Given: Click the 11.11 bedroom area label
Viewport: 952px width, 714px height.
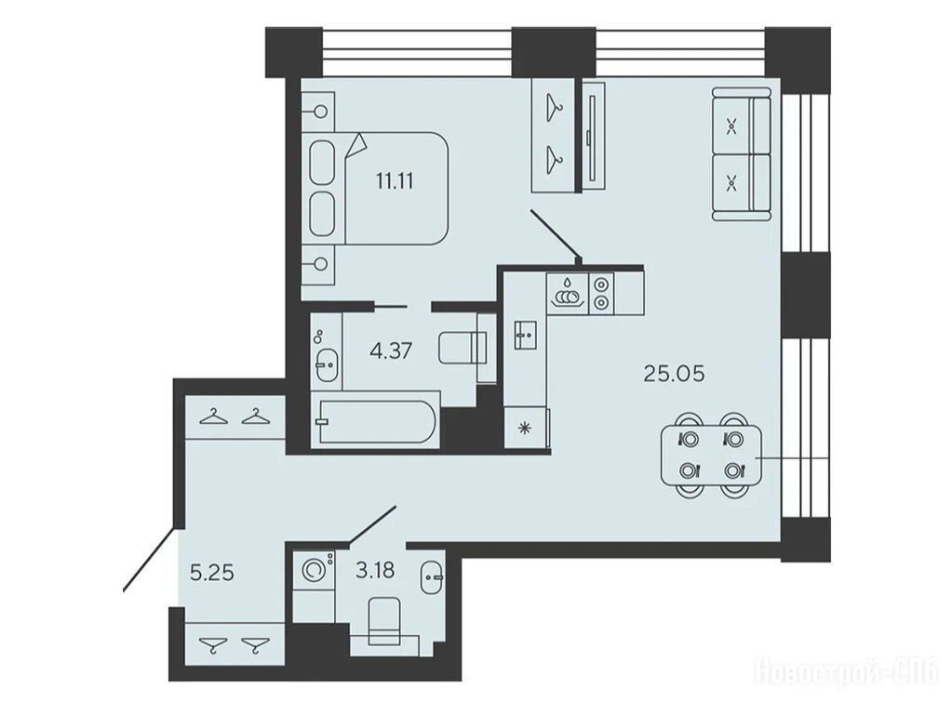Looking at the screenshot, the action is click(x=395, y=180).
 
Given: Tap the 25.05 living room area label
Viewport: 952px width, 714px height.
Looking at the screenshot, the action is click(x=674, y=374).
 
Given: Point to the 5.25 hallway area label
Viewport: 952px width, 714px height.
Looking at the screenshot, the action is click(x=212, y=573).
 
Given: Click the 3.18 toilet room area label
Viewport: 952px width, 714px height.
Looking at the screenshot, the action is click(x=376, y=570).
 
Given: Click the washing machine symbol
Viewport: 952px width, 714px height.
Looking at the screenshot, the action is click(x=314, y=570).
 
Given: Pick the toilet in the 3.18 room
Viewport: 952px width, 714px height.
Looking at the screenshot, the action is click(x=384, y=621).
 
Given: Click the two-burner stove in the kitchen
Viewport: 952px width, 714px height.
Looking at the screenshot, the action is click(x=601, y=294).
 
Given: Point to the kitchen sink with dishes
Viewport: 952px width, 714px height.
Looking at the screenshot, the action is click(x=568, y=294).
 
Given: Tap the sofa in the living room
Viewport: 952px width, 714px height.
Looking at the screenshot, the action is click(x=742, y=154).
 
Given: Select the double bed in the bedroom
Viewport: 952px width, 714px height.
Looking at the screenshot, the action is click(x=378, y=188).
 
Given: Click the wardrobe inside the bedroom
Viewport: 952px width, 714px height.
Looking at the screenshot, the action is click(x=553, y=136).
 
